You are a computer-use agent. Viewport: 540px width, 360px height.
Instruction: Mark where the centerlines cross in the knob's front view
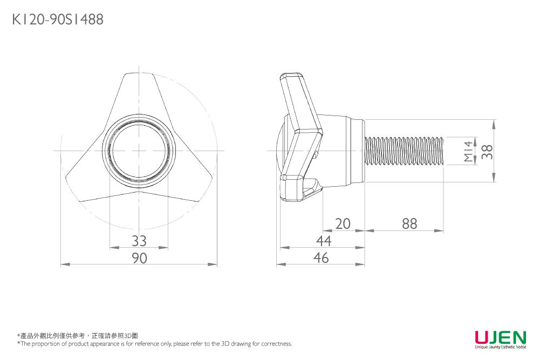click(x=139, y=151)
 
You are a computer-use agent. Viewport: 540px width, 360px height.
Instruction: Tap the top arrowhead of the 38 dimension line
click(x=494, y=124)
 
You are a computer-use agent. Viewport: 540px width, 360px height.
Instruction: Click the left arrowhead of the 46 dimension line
click(x=281, y=264)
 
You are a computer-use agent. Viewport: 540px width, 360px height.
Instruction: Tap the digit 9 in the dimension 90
click(x=135, y=258)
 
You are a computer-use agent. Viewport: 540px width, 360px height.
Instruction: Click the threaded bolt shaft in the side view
click(x=404, y=151)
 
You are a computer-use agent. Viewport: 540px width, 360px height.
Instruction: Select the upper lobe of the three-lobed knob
click(x=139, y=93)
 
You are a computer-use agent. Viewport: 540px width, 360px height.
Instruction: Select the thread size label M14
click(x=468, y=151)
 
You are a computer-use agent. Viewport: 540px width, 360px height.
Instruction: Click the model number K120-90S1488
click(x=58, y=19)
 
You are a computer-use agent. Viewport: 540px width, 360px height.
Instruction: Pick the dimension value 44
click(x=324, y=241)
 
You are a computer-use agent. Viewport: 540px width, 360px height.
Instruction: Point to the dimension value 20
click(x=343, y=224)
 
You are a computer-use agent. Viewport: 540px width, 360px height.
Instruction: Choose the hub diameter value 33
click(x=139, y=241)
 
